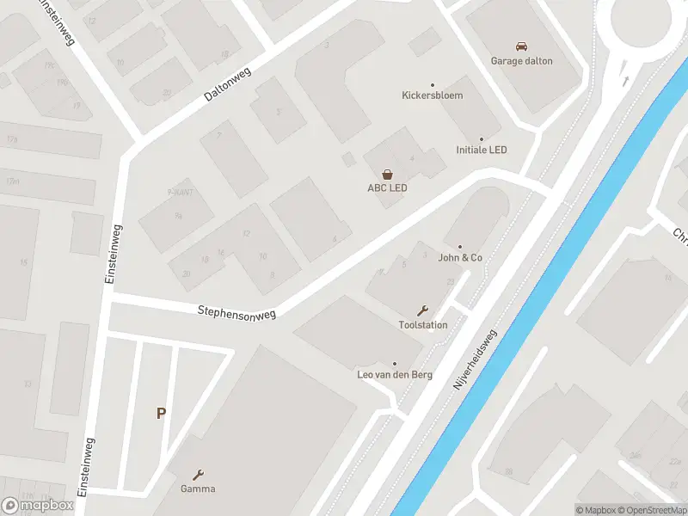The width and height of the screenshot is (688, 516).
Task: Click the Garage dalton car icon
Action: pyautogui.click(x=521, y=46)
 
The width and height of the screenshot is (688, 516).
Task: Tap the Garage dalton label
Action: pyautogui.click(x=521, y=61)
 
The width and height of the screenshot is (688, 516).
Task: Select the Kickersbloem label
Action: pyautogui.click(x=433, y=95)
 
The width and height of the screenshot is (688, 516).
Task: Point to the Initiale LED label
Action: pyautogui.click(x=482, y=150)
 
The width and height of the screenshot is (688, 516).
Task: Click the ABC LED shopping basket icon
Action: pyautogui.click(x=387, y=175)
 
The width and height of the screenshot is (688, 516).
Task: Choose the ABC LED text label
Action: pyautogui.click(x=387, y=188)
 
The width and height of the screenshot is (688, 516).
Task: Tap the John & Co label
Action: pyautogui.click(x=460, y=257)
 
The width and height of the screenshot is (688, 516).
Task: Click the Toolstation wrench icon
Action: pyautogui.click(x=422, y=310)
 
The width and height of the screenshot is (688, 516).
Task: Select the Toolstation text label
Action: pyautogui.click(x=422, y=325)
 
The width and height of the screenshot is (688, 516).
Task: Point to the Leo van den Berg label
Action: pyautogui.click(x=395, y=375)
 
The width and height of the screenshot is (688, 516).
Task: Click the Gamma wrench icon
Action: pyautogui.click(x=199, y=475)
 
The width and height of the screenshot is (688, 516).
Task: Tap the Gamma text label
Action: pyautogui.click(x=199, y=489)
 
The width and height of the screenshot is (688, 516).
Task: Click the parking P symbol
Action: pyautogui.click(x=161, y=414)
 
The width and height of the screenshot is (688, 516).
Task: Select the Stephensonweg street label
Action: pyautogui.click(x=236, y=313)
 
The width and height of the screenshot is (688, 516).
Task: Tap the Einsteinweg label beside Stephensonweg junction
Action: pyautogui.click(x=113, y=255)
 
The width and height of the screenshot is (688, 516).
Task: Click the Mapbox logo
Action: pyautogui.click(x=38, y=505)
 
